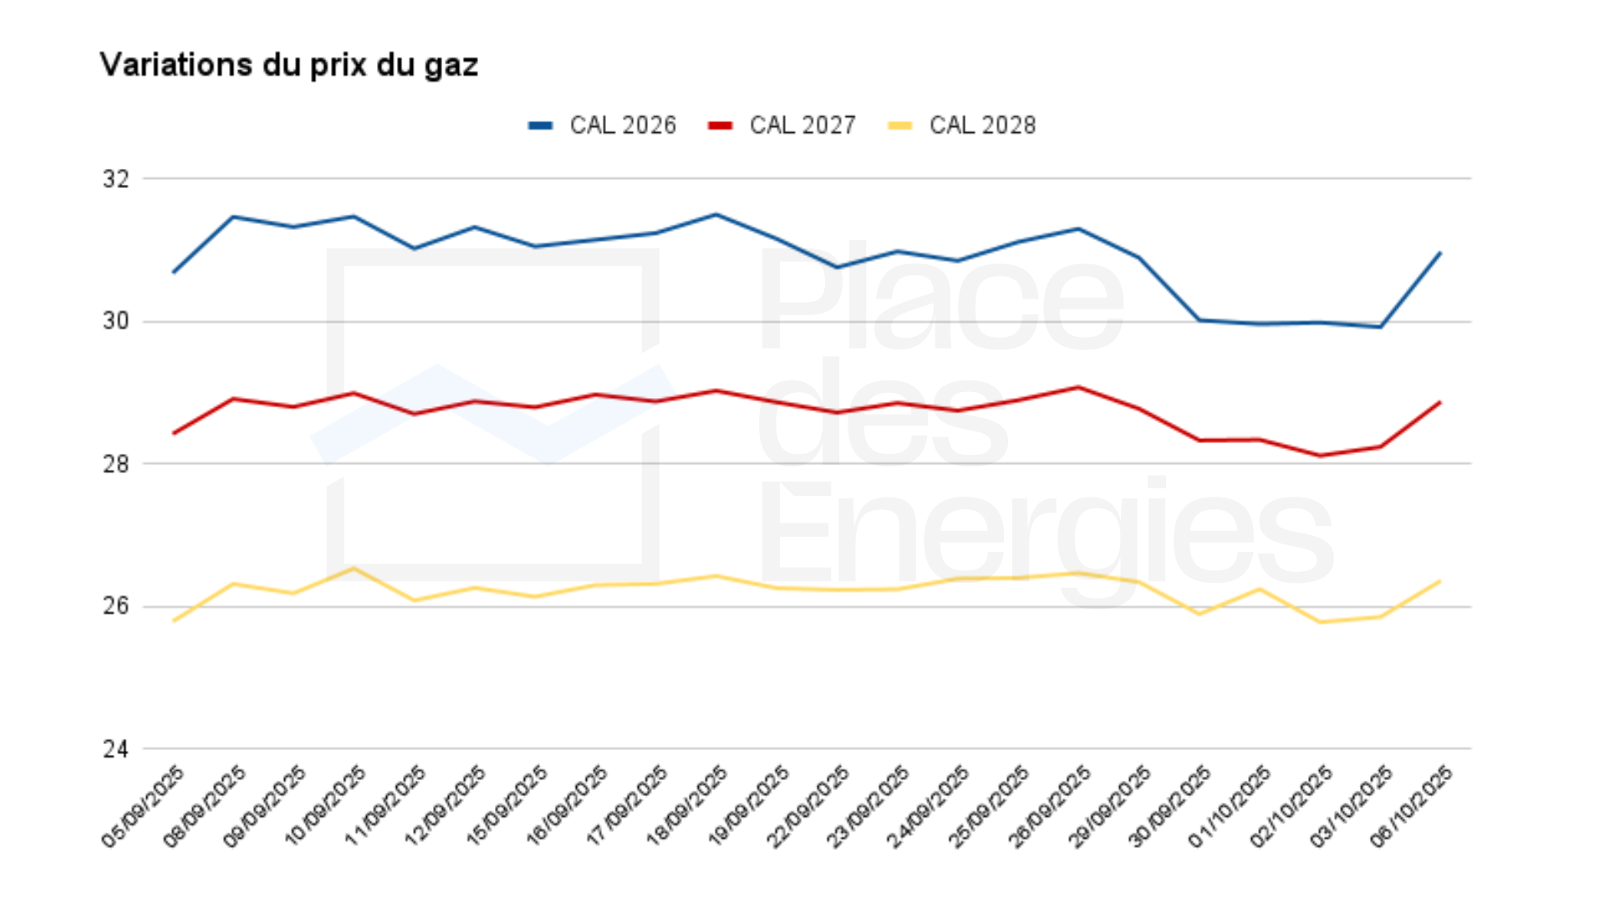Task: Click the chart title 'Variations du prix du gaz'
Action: [288, 65]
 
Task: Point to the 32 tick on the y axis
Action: [116, 179]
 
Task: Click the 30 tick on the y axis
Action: [116, 321]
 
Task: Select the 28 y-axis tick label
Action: [116, 464]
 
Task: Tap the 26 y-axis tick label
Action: [116, 606]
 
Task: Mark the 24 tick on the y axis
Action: [116, 749]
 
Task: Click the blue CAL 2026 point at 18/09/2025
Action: [716, 215]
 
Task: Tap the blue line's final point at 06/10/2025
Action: [1440, 253]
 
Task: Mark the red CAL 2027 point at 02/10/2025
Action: [1320, 456]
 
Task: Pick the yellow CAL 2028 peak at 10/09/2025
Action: [354, 569]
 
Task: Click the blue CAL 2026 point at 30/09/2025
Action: [1200, 320]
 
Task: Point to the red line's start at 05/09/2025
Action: [173, 433]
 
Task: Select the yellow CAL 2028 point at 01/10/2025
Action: [1260, 589]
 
